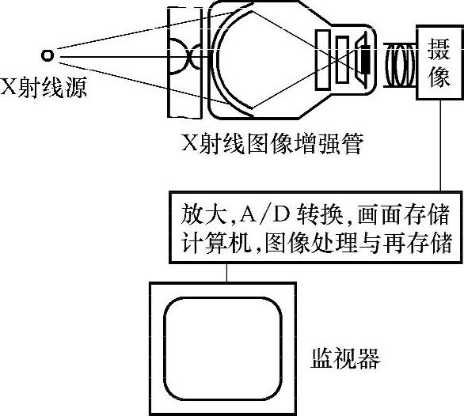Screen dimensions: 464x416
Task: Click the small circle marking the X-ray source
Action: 48,55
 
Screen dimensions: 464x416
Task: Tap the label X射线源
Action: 44,88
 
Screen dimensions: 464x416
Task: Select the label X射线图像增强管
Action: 272,144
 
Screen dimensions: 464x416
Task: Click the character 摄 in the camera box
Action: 439,49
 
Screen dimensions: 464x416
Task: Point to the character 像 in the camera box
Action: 439,76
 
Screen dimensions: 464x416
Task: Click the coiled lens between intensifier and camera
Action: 400,66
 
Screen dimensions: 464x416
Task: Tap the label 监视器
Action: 345,358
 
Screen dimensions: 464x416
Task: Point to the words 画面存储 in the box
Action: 403,214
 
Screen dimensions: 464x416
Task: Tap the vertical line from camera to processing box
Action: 440,146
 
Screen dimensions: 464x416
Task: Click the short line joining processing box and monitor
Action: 227,273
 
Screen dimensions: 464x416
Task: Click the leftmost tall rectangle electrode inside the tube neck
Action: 322,59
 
